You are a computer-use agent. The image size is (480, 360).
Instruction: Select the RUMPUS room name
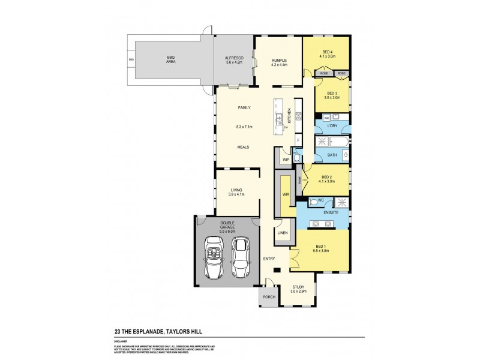[280, 60]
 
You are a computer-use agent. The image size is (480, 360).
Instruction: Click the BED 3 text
[331, 93]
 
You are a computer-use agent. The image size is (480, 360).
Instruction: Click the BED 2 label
[327, 177]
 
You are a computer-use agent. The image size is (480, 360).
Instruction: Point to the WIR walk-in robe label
[286, 194]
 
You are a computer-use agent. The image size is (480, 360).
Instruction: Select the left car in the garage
[213, 257]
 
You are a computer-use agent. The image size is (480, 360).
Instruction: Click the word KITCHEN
[289, 116]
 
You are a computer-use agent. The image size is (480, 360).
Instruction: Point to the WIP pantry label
[286, 159]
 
